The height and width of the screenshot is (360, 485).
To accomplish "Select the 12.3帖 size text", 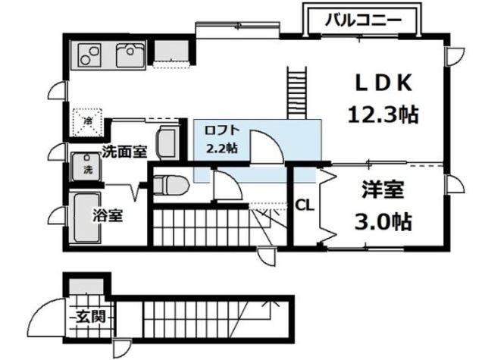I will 383,114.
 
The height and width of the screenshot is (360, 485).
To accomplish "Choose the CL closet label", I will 305,204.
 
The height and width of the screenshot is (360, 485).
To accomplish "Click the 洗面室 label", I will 124,151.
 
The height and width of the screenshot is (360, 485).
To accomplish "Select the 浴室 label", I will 108,214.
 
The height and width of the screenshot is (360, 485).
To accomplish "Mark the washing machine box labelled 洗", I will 85,167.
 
